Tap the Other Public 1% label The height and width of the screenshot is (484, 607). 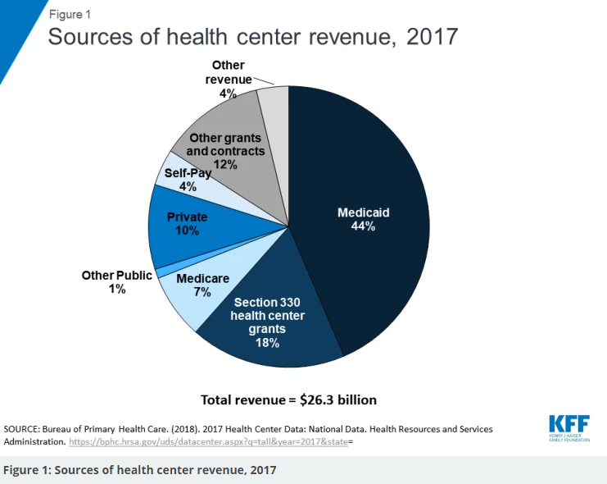(116, 282)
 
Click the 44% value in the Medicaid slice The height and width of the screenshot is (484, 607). (364, 226)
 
